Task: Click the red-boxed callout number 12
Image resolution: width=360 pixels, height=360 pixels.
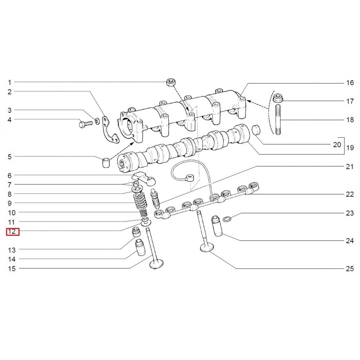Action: (12, 232)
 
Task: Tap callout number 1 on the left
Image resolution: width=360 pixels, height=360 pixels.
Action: (9, 82)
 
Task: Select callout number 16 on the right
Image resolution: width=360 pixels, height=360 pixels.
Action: (350, 83)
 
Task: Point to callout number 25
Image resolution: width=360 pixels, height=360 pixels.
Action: (350, 269)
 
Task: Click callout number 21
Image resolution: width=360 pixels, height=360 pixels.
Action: (350, 166)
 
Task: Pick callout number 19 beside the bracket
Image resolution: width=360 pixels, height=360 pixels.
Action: (350, 147)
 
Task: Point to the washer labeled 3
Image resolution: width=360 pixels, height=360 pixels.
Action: (97, 121)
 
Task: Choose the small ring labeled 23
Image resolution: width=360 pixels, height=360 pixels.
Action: (228, 219)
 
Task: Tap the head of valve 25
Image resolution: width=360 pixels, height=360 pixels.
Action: (207, 247)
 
